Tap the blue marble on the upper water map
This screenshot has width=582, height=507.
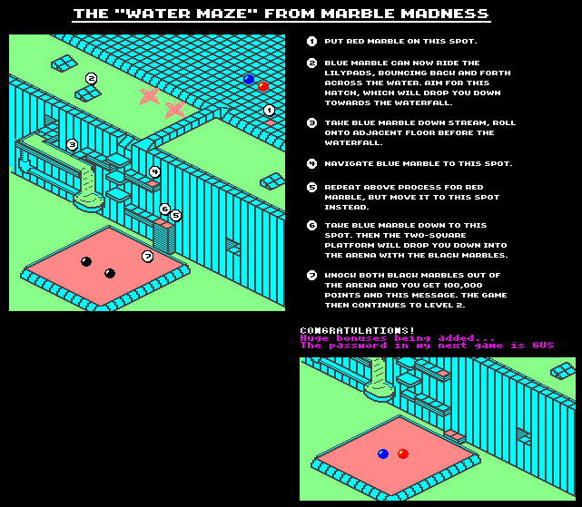[x=249, y=80]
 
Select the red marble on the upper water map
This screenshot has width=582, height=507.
[x=263, y=86]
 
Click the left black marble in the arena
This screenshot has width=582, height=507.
[x=86, y=261]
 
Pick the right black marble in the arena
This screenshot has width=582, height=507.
[x=110, y=273]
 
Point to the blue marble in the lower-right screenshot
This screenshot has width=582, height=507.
[x=383, y=453]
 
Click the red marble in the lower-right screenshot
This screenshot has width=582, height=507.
[x=403, y=453]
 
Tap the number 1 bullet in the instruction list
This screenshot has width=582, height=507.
[x=312, y=42]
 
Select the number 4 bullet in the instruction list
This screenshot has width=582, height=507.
[x=312, y=163]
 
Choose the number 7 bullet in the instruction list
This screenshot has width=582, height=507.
[x=312, y=275]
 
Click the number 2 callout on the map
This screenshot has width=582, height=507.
[x=91, y=79]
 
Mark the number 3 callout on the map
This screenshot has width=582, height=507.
[x=73, y=144]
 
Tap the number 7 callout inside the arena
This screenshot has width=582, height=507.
[x=147, y=257]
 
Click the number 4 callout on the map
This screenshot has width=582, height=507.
[x=155, y=171]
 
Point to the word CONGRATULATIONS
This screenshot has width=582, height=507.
[x=357, y=330]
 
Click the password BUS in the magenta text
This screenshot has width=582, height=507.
[x=543, y=346]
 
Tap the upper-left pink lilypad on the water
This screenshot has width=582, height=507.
[x=149, y=95]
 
